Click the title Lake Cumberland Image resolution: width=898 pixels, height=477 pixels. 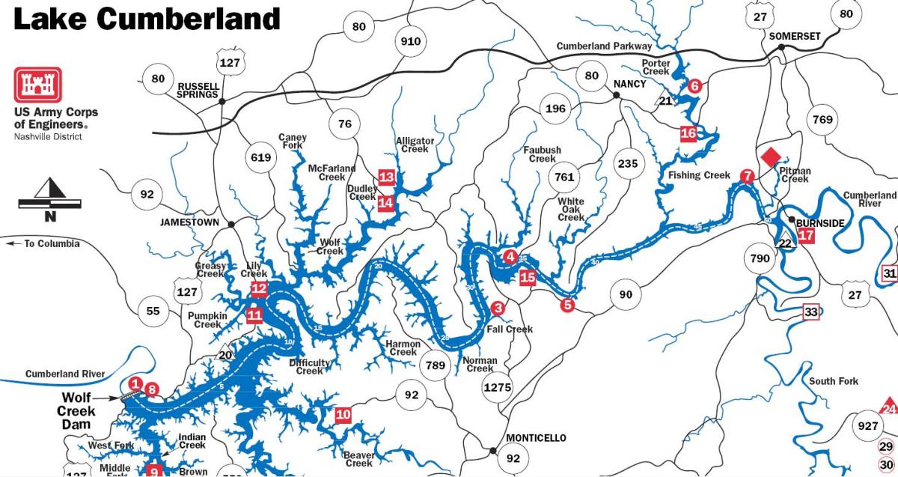coord(147,18)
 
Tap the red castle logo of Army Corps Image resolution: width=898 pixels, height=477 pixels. coord(37,85)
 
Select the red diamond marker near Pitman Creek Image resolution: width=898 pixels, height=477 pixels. coord(770,157)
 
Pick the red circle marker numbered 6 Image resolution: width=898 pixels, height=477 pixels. coord(694,86)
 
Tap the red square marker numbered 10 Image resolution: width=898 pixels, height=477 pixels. coord(343,414)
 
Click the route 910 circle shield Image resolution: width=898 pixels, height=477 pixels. coord(411,41)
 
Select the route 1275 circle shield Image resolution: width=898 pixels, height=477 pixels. coord(498,387)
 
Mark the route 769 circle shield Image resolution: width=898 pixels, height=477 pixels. coord(822,120)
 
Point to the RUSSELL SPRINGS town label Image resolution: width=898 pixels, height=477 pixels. coord(198,91)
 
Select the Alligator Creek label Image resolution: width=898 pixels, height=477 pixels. coord(415,145)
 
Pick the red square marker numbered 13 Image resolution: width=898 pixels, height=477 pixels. coord(386,177)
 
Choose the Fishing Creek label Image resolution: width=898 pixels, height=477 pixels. coord(699,175)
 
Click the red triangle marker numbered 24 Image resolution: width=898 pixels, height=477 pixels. coord(889,407)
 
